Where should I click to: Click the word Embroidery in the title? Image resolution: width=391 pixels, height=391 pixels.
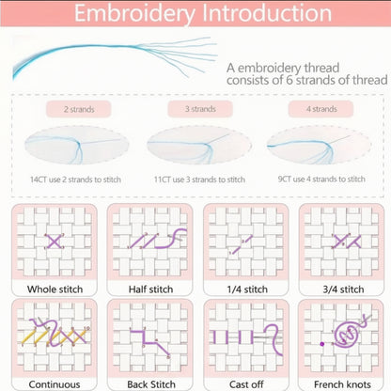click(134, 14)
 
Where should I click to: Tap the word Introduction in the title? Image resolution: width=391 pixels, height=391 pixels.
click(267, 13)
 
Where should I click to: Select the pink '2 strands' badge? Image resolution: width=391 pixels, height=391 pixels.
click(79, 109)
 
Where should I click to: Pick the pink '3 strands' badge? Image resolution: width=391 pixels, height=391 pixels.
click(200, 109)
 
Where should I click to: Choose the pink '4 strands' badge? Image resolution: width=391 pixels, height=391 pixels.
click(321, 109)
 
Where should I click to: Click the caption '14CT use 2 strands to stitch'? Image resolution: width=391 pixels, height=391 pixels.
click(75, 180)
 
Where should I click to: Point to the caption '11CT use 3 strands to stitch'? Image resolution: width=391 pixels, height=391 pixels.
click(199, 180)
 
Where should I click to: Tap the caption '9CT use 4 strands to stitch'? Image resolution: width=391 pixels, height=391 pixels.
click(321, 179)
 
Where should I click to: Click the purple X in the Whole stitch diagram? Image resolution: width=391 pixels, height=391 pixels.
click(54, 242)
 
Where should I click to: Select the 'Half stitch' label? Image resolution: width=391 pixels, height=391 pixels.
click(150, 289)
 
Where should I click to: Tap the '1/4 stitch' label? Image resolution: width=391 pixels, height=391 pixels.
click(247, 289)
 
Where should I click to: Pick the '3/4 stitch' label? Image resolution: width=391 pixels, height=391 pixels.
click(343, 289)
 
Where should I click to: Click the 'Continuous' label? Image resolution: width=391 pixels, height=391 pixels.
click(55, 384)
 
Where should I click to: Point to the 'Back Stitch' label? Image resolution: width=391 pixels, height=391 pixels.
click(151, 384)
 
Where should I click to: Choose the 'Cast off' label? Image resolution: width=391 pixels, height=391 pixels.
click(246, 384)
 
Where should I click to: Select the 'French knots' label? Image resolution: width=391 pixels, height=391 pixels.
click(342, 384)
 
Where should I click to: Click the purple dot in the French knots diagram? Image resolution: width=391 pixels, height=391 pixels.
click(321, 344)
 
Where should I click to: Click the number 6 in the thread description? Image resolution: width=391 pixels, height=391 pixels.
click(289, 80)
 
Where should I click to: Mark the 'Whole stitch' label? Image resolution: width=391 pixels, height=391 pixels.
click(55, 289)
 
